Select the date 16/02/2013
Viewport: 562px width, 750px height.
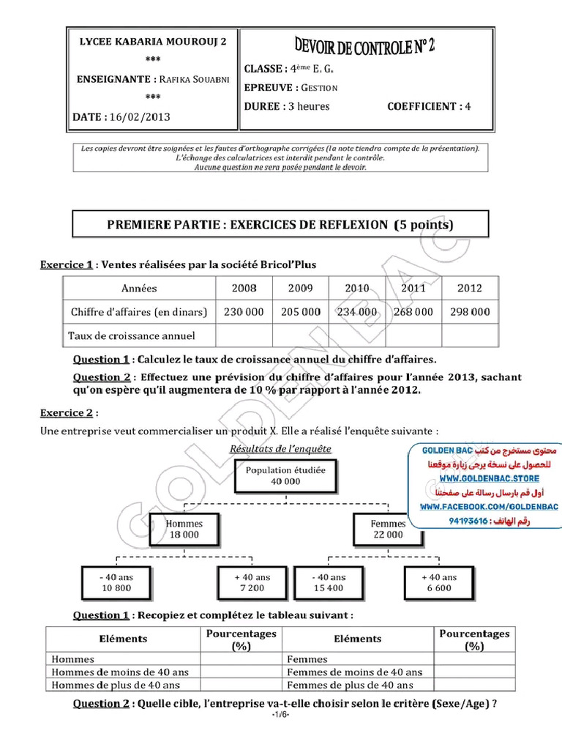(x=140, y=116)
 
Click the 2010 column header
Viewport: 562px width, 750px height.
(x=357, y=289)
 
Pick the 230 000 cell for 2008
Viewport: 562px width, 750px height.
(x=244, y=312)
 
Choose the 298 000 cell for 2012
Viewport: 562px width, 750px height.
(x=469, y=312)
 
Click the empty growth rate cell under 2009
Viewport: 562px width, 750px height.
(x=300, y=336)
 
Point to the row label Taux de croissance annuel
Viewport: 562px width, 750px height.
(x=132, y=336)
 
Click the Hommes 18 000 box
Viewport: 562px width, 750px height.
(x=184, y=529)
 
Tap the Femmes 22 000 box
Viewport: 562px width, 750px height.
(x=388, y=529)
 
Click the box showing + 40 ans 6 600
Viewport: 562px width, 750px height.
(x=438, y=582)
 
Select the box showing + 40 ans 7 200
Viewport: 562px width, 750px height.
(x=252, y=582)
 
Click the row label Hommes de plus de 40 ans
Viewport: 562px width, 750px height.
(x=115, y=685)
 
